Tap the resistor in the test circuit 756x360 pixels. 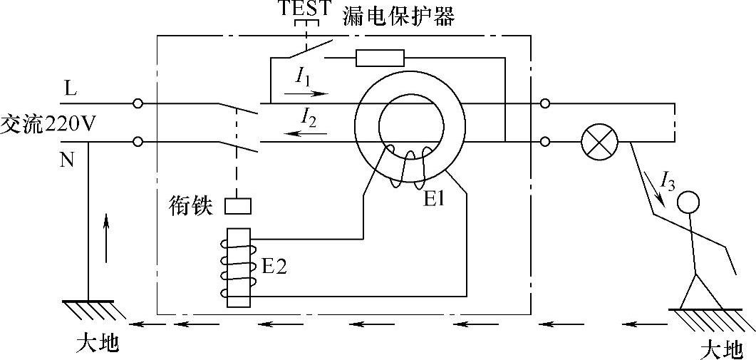pos(380,58)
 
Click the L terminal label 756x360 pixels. pos(70,91)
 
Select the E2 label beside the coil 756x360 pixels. pos(275,267)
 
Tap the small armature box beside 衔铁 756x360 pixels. pos(237,206)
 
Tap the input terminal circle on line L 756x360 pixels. pos(138,103)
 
